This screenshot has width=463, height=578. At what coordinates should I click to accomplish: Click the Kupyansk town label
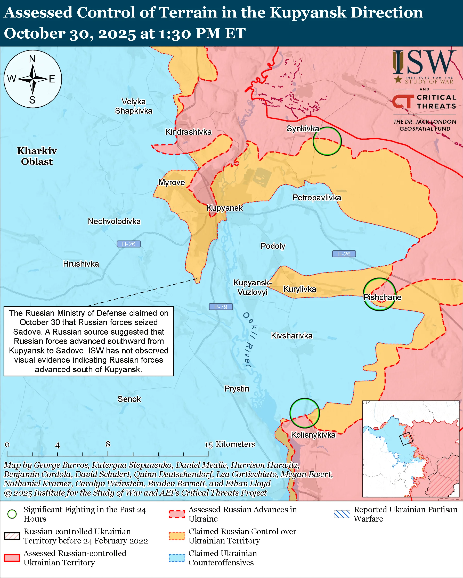pyautogui.click(x=225, y=208)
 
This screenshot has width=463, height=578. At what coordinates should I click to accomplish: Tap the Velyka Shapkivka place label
pyautogui.click(x=133, y=106)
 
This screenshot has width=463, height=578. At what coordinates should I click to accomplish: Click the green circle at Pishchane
pyautogui.click(x=379, y=294)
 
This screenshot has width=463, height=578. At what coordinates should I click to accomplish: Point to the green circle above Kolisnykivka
pyautogui.click(x=305, y=413)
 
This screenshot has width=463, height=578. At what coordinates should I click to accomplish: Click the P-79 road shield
pyautogui.click(x=221, y=307)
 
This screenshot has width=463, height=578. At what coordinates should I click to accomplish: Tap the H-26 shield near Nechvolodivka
pyautogui.click(x=128, y=244)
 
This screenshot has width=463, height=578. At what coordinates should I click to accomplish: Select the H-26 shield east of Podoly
pyautogui.click(x=344, y=254)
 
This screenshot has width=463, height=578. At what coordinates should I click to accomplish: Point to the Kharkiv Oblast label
pyautogui.click(x=37, y=156)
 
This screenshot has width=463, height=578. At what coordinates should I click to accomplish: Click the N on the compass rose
pyautogui.click(x=33, y=59)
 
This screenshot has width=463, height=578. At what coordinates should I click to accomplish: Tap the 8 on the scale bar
pyautogui.click(x=108, y=444)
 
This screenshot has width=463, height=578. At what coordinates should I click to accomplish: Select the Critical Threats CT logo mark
pyautogui.click(x=403, y=101)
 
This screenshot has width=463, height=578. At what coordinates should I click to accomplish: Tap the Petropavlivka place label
pyautogui.click(x=317, y=198)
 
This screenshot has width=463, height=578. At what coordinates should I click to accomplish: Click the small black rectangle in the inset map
pyautogui.click(x=405, y=439)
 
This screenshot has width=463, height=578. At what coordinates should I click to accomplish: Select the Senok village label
pyautogui.click(x=129, y=399)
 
